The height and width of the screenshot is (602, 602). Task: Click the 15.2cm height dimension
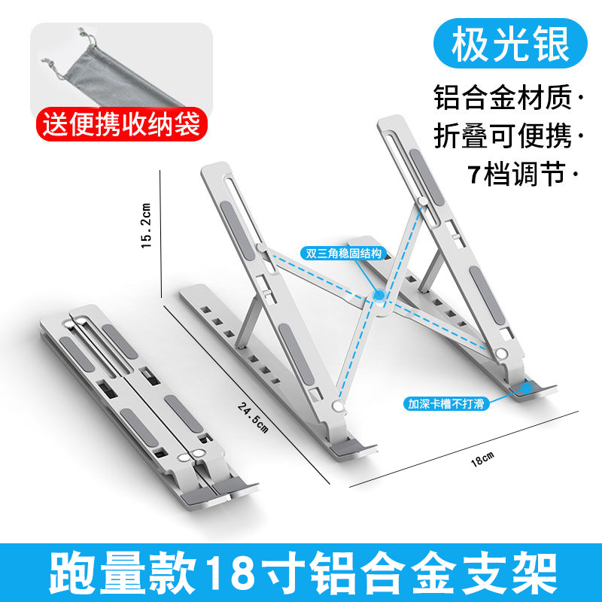[147, 225]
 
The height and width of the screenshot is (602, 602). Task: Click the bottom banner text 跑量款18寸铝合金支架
[301, 572]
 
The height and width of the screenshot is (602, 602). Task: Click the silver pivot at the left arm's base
[338, 407]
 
